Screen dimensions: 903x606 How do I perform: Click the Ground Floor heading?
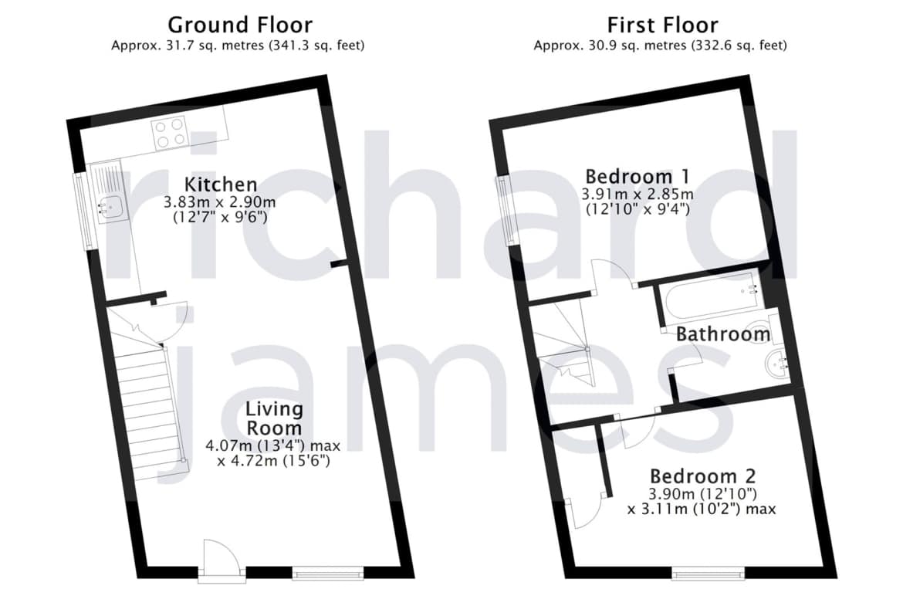[x=240, y=25]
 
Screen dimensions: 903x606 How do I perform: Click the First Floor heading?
[x=662, y=25]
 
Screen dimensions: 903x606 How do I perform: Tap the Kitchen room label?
[x=221, y=185]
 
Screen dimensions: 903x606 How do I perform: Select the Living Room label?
[x=273, y=418]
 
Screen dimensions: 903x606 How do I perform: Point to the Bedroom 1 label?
[x=637, y=176]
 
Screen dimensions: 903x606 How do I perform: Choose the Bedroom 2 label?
[x=702, y=476]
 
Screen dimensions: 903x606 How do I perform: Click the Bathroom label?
[x=722, y=334]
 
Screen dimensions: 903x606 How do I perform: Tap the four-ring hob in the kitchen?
[x=170, y=133]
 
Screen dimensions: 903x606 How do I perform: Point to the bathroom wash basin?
[x=777, y=364]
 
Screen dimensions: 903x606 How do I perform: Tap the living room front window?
[x=328, y=572]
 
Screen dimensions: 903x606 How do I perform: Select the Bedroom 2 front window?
[x=709, y=573]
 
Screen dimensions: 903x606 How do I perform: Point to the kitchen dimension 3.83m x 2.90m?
[x=219, y=202]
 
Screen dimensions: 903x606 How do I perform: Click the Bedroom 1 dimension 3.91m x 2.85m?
[x=638, y=194]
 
